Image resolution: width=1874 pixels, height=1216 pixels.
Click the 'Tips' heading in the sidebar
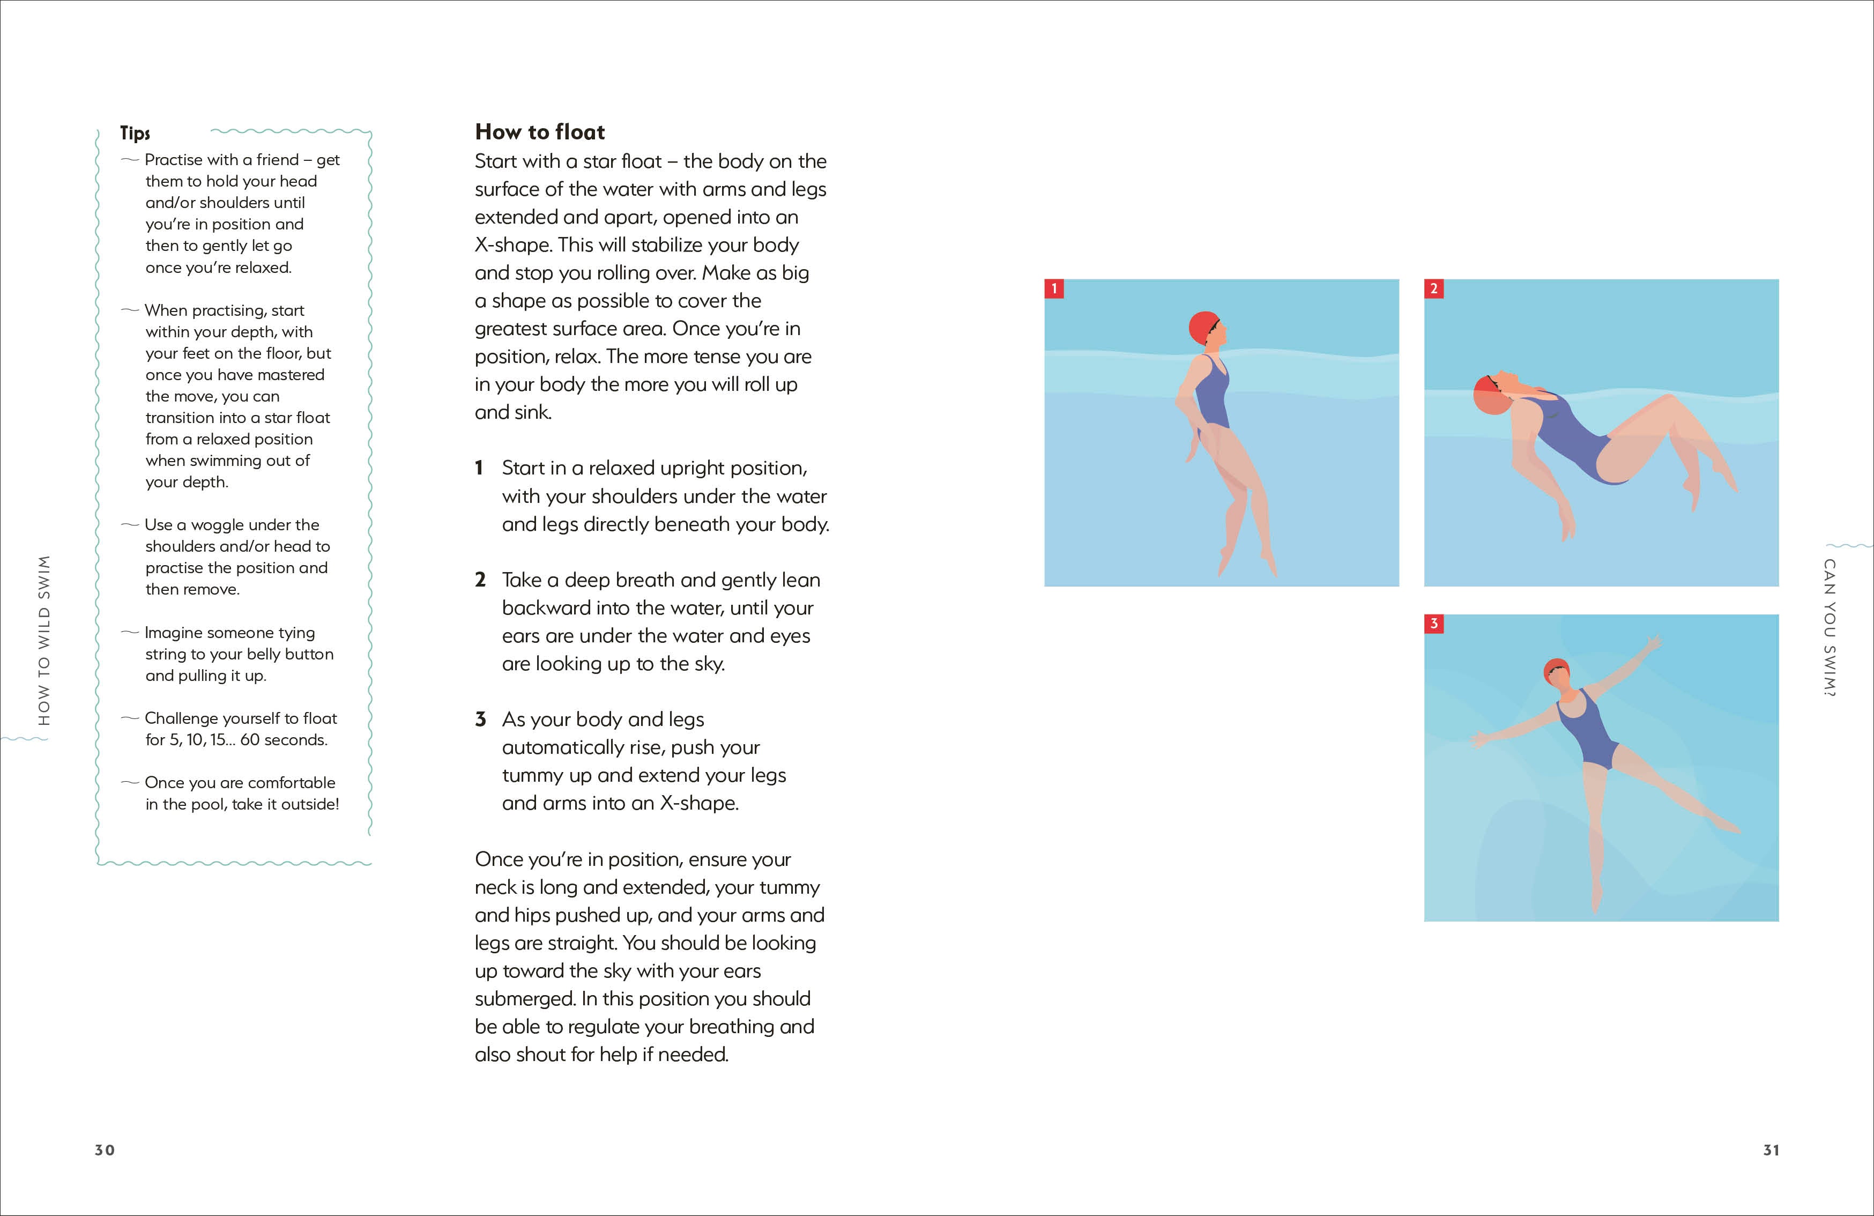tap(135, 133)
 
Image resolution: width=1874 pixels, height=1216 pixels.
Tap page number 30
tap(105, 1150)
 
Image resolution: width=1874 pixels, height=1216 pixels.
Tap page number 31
tap(1771, 1150)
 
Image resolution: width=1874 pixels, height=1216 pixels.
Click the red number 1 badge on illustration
tap(1053, 288)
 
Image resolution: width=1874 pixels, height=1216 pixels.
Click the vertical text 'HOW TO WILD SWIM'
tap(44, 640)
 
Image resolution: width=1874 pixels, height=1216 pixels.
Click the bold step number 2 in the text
tap(480, 580)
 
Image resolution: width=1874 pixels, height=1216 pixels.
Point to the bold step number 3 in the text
tap(480, 719)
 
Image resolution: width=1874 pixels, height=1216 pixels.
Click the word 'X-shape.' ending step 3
tap(700, 803)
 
